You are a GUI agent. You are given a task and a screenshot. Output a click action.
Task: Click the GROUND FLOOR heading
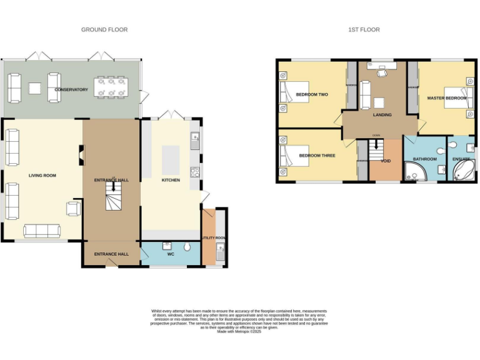[x=104, y=29]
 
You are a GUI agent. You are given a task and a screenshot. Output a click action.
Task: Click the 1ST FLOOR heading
[x=364, y=29]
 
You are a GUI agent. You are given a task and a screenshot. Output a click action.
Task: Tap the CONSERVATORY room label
[x=71, y=89]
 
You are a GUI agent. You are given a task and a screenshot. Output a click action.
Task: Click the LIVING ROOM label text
[x=42, y=176]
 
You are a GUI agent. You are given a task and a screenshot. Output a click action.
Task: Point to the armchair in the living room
[x=74, y=208]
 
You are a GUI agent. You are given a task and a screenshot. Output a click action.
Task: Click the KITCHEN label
[x=171, y=180]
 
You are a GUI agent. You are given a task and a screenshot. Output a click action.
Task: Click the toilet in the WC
[x=187, y=247]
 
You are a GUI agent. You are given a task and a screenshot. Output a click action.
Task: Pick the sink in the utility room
[x=219, y=253]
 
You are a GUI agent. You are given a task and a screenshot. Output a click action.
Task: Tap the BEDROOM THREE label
[x=316, y=155]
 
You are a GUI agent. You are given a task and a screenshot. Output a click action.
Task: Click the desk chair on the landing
[x=382, y=73]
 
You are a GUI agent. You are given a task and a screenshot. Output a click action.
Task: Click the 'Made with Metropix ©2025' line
[x=238, y=331]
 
